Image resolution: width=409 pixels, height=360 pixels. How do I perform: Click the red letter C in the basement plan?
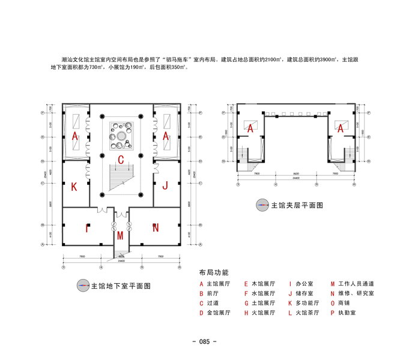(121, 160)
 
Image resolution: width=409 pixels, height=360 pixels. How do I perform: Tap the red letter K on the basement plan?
(74, 187)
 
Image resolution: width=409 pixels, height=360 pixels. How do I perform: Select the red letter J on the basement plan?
(165, 185)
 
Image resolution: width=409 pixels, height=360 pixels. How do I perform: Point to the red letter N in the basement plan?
(155, 227)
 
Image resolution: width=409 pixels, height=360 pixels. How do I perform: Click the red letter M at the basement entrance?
(121, 234)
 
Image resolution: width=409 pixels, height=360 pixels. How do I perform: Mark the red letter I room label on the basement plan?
(88, 228)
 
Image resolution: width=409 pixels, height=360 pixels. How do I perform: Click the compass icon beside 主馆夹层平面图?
(261, 205)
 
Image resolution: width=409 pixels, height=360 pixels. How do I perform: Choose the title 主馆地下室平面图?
(120, 286)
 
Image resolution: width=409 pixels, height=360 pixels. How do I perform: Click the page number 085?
(204, 341)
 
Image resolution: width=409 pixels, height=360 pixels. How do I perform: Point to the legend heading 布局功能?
(214, 272)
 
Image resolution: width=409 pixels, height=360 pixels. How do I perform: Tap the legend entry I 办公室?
(303, 284)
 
